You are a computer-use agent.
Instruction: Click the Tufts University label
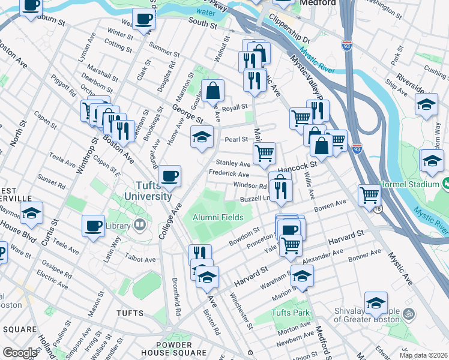[x=146, y=191]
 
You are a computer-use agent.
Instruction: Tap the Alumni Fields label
[x=217, y=217]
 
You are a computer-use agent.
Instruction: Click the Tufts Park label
[x=291, y=313]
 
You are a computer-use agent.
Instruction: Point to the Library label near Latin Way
[x=118, y=226]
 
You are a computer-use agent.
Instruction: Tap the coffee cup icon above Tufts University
[x=170, y=175]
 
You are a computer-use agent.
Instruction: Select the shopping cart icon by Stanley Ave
[x=264, y=153]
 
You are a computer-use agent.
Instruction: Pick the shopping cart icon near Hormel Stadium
[x=369, y=194]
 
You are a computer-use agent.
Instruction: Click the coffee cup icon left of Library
[x=93, y=226]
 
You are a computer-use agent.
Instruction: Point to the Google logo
[x=20, y=353]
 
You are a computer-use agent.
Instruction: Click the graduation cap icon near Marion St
[x=303, y=275]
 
